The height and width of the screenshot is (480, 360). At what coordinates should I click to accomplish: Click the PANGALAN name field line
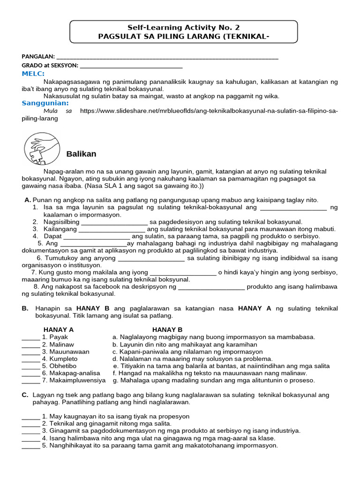coord(166,58)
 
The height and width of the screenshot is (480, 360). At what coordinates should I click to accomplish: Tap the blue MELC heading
coord(33,74)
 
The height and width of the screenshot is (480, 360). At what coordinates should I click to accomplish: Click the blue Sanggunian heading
coord(45,103)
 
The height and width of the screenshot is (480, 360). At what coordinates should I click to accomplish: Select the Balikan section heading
coord(81,154)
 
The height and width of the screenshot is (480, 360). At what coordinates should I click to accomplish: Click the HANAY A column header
coord(59,330)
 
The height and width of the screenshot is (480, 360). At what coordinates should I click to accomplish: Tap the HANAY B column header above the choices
coord(167,330)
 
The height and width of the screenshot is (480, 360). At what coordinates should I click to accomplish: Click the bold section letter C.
coord(25,395)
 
